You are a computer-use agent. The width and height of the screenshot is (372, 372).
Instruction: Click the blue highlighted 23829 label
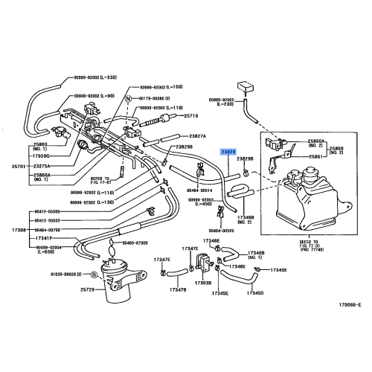[228, 150]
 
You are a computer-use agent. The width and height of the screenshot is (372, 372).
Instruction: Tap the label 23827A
[196, 136]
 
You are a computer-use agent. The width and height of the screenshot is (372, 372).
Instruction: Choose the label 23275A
[43, 166]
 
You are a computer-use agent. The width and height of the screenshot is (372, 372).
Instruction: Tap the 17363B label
[203, 282]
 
